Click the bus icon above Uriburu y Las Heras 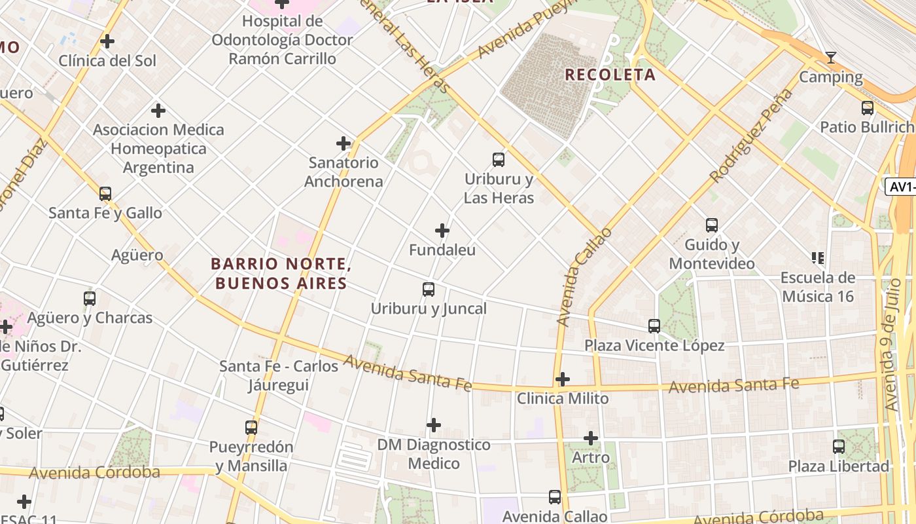(499, 159)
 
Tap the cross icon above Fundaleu (442, 231)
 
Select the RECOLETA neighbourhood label (610, 75)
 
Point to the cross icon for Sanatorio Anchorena (343, 143)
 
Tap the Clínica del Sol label (108, 61)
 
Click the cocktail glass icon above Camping (830, 58)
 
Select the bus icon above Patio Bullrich (868, 107)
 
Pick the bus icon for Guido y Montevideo (712, 225)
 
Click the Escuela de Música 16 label (818, 287)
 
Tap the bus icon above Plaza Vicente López (654, 326)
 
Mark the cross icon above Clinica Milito (563, 379)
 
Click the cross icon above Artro (591, 438)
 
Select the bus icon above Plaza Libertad (839, 447)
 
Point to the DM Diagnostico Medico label (434, 454)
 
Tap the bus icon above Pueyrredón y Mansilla (251, 428)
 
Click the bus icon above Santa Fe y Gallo (105, 194)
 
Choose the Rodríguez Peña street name (751, 136)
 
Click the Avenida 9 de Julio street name (892, 345)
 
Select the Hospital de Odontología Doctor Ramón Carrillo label (282, 40)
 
